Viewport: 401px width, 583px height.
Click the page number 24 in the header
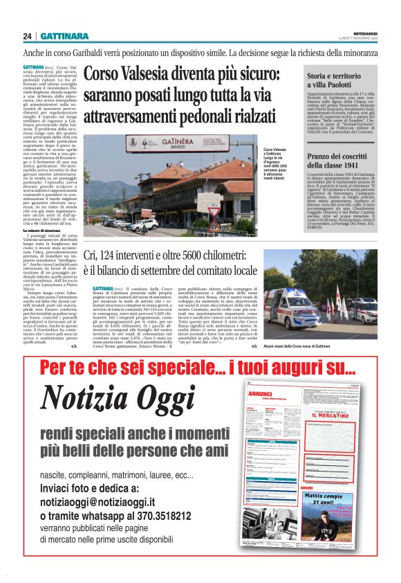click(27, 36)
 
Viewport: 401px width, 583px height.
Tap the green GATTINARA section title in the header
click(64, 36)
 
